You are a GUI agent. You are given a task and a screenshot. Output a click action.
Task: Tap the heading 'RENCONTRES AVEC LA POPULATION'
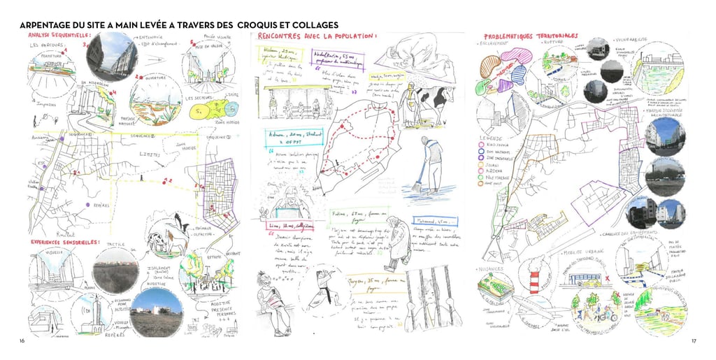click(317, 36)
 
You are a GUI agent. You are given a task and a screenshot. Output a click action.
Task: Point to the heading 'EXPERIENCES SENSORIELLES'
click(64, 243)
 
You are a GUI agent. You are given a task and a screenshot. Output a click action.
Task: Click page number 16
click(23, 340)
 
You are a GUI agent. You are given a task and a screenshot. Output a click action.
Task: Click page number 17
click(694, 340)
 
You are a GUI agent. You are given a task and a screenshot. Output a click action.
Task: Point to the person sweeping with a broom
click(429, 164)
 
